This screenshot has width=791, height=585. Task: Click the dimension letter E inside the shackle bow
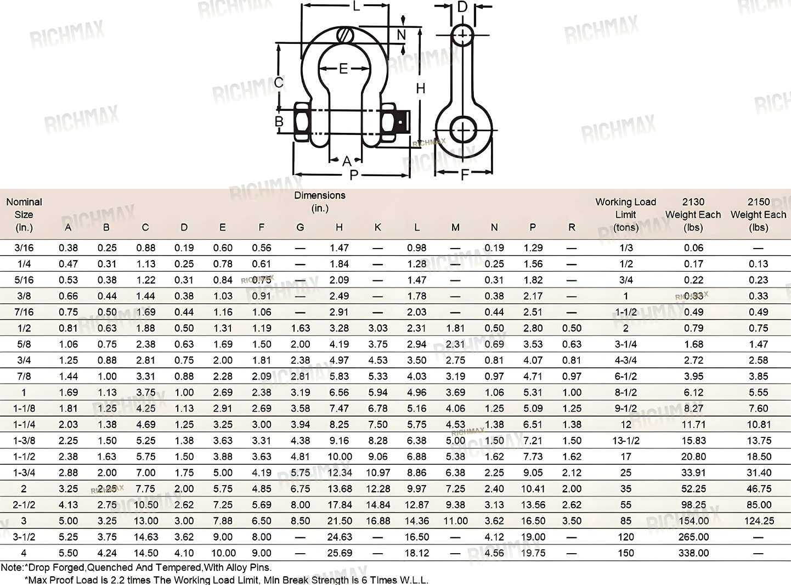pyautogui.click(x=343, y=69)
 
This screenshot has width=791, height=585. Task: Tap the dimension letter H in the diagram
pyautogui.click(x=421, y=88)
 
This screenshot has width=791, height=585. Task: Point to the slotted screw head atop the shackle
pyautogui.click(x=345, y=35)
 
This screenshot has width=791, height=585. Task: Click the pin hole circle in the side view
pyautogui.click(x=462, y=130)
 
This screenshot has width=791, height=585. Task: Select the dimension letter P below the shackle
pyautogui.click(x=353, y=175)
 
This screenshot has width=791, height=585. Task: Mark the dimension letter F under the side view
pyautogui.click(x=464, y=175)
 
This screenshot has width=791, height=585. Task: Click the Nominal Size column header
pyautogui.click(x=24, y=215)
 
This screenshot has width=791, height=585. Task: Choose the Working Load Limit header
pyautogui.click(x=625, y=215)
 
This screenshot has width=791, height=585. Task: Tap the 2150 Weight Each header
pyautogui.click(x=758, y=215)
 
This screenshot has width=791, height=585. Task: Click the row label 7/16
pyautogui.click(x=24, y=312)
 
